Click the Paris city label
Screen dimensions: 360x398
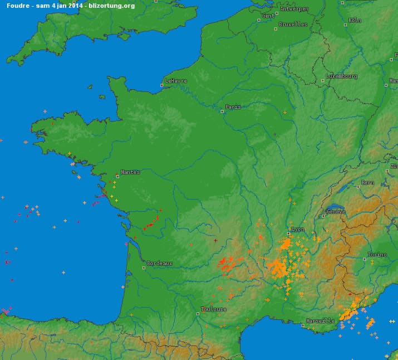click(233, 106)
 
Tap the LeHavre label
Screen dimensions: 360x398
click(176, 81)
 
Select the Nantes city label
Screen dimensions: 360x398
click(131, 172)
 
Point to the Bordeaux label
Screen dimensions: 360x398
click(160, 263)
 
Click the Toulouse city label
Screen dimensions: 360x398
click(214, 309)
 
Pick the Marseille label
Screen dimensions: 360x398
click(321, 321)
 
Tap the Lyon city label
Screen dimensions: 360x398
click(298, 229)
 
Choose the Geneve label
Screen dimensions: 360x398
click(336, 211)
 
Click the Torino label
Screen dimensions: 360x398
click(377, 255)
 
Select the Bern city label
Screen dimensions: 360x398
click(368, 182)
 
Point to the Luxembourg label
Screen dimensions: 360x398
click(342, 76)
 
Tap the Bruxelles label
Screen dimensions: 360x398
click(293, 25)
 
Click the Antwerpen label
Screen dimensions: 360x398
click(294, 9)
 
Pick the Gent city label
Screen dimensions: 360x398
click(269, 16)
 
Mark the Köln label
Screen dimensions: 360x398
click(355, 20)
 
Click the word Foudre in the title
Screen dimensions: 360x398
click(17, 6)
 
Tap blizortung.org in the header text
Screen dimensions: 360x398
click(112, 6)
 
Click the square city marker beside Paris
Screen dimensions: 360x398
click(222, 110)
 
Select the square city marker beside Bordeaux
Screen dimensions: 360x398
click(144, 267)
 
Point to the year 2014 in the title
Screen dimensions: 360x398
click(76, 6)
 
